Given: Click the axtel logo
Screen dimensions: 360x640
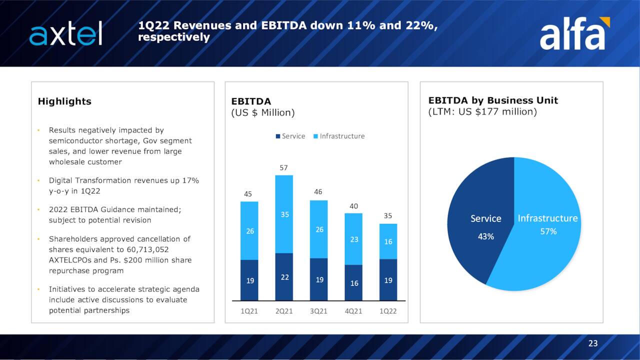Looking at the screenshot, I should click(65, 33).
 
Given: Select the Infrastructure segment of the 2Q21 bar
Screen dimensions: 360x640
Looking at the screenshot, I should click(284, 214).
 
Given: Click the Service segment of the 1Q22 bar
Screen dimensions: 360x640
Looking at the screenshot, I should click(388, 280).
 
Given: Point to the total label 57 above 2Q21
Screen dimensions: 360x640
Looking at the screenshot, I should click(283, 168).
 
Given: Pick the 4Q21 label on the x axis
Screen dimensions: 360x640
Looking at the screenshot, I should click(353, 311).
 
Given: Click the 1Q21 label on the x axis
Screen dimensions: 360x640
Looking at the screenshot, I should click(249, 311).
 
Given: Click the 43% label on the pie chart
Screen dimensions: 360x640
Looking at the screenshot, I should click(485, 236).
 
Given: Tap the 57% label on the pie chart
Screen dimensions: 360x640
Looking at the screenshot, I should click(548, 231).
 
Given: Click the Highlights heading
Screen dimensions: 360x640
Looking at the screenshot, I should click(64, 101).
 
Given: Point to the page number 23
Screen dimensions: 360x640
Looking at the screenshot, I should click(593, 343).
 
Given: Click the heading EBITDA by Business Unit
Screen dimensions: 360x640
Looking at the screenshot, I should click(493, 100).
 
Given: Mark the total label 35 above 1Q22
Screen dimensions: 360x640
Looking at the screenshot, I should click(388, 216).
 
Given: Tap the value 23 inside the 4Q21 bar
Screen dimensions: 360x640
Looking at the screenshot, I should click(354, 239).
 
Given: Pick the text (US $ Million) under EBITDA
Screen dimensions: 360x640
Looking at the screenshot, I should click(262, 112).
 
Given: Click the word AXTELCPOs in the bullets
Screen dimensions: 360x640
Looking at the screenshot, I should click(68, 260).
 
